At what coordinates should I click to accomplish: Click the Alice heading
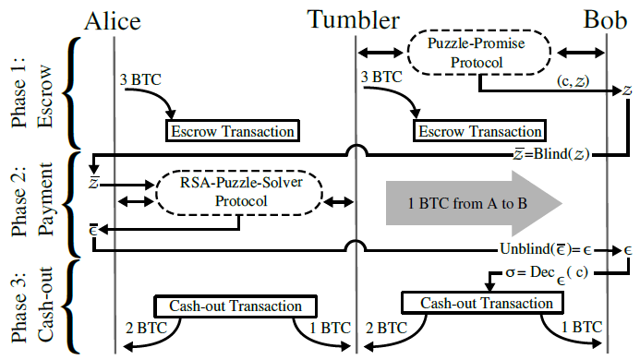[115, 19]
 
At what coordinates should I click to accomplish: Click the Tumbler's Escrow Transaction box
[480, 131]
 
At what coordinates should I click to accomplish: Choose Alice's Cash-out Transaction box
[235, 306]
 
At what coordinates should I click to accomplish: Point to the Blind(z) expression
[555, 155]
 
